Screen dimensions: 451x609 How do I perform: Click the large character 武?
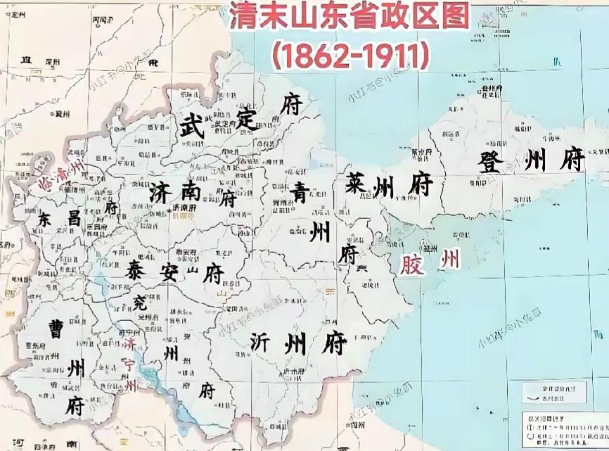[190, 127]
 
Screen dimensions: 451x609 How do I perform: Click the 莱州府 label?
[388, 185]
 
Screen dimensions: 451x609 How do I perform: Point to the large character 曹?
[53, 329]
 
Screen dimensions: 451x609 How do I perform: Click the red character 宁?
[131, 364]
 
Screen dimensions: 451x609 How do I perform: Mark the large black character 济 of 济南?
[161, 192]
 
